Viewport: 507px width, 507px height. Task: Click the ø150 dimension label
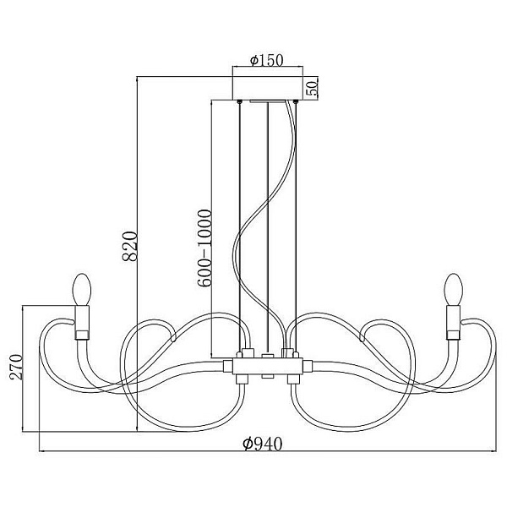267,60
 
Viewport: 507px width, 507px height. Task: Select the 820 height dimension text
130,246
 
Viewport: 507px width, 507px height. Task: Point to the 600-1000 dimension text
204,248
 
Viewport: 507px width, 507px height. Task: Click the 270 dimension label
16,367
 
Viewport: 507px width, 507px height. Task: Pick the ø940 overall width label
263,444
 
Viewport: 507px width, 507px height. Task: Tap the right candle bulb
453,290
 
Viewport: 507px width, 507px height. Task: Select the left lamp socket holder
82,323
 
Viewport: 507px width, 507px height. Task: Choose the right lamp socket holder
453,323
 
